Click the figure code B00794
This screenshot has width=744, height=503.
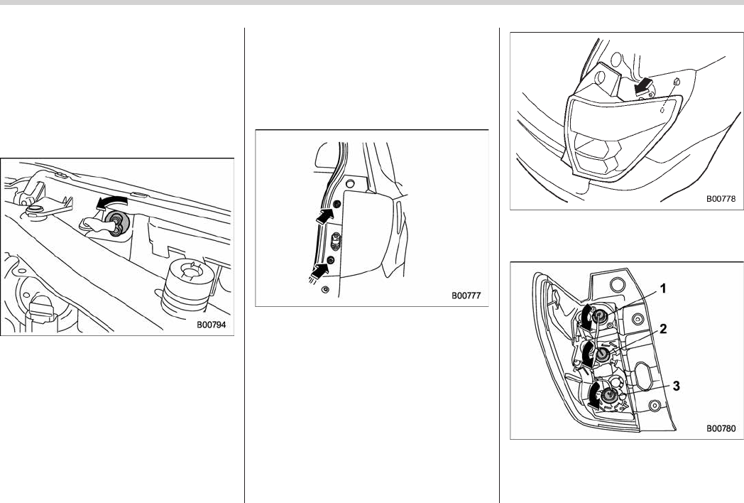(x=212, y=325)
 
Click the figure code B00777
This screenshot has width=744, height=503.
(x=466, y=296)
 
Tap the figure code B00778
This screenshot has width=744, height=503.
(x=721, y=198)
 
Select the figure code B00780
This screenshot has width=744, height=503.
(x=721, y=428)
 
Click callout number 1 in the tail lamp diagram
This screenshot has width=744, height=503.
(x=663, y=288)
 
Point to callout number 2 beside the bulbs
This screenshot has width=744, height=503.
(x=663, y=329)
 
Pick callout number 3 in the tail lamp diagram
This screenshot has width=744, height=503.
(x=676, y=386)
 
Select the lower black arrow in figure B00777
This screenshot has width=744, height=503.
(x=321, y=271)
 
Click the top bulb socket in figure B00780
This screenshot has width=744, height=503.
(x=601, y=315)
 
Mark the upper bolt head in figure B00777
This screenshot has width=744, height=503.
(x=337, y=205)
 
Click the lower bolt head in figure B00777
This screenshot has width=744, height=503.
(x=331, y=260)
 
